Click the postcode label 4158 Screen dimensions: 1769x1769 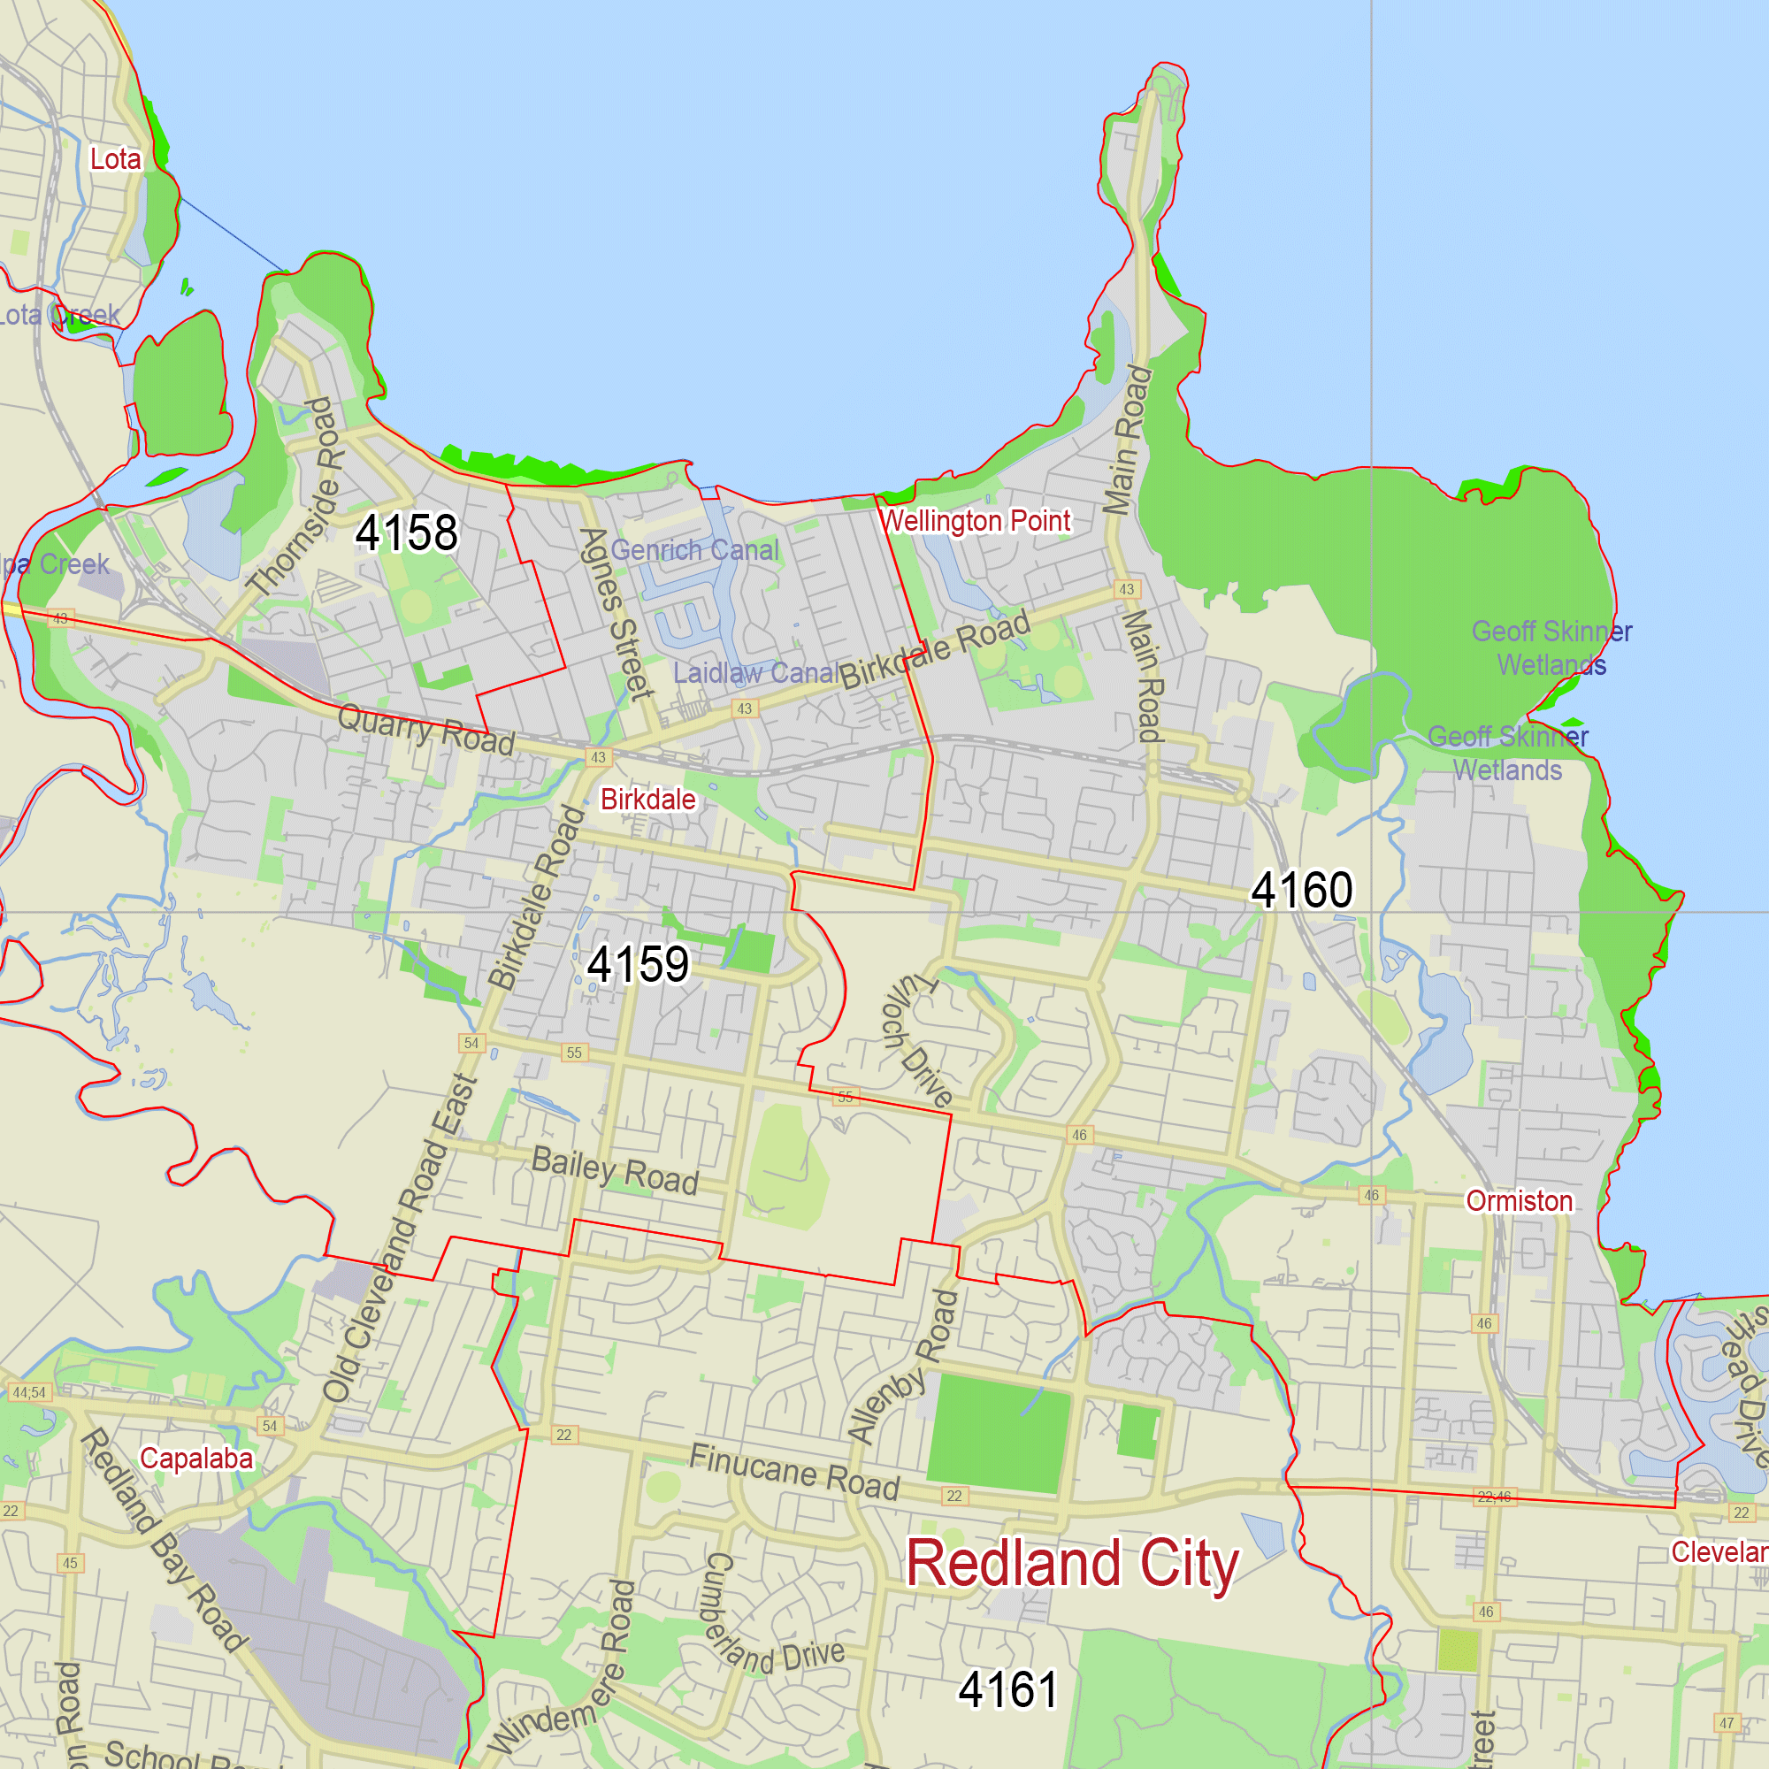point(406,532)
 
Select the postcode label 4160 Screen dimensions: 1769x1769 point(1301,890)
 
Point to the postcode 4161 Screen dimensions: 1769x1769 point(1007,1689)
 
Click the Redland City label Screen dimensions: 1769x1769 point(1071,1564)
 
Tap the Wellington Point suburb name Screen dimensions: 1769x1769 point(974,521)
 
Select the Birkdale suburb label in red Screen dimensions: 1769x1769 point(647,800)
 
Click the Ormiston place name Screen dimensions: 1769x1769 point(1519,1200)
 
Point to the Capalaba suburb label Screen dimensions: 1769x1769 point(196,1458)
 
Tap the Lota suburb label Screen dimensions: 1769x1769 point(115,158)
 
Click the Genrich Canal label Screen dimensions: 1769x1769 point(695,549)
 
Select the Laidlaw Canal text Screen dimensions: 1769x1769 point(755,673)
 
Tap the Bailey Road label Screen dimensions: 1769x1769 point(615,1171)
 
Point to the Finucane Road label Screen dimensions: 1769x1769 point(794,1472)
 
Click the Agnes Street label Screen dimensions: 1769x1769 point(616,613)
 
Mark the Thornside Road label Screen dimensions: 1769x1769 point(295,497)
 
